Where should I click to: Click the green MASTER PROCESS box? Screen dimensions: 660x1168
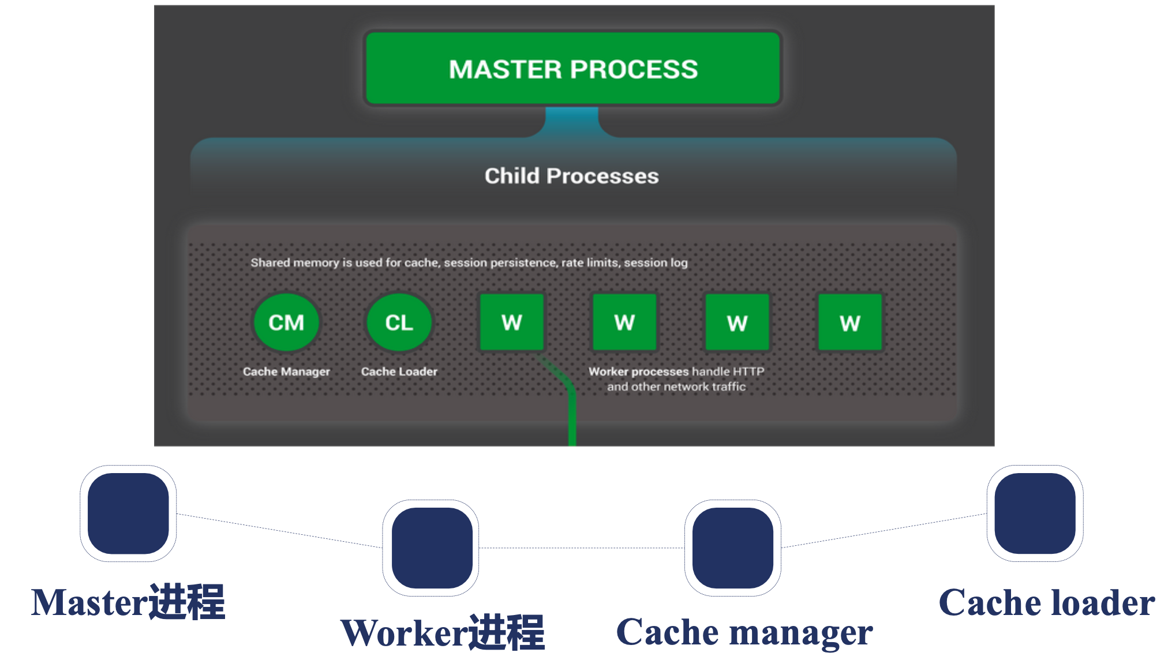(x=573, y=69)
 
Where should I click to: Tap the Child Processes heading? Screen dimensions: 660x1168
(x=571, y=176)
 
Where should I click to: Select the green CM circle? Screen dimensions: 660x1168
(x=286, y=322)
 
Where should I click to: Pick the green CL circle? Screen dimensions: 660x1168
(x=399, y=322)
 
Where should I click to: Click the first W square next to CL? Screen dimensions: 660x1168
(x=512, y=322)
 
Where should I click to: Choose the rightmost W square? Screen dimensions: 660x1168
(x=850, y=322)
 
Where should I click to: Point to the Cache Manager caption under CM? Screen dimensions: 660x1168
(x=286, y=372)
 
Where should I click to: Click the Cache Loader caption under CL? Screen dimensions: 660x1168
(x=399, y=372)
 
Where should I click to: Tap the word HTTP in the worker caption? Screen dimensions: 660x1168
(x=748, y=372)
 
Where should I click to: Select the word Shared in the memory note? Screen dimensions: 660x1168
(x=270, y=263)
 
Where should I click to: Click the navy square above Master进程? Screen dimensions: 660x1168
(x=128, y=513)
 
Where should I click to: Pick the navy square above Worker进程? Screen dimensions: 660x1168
(x=432, y=548)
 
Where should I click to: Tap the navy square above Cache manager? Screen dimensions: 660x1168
(x=733, y=548)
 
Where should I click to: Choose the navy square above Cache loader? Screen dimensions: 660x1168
(x=1035, y=513)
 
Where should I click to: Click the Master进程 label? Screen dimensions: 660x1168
(x=128, y=602)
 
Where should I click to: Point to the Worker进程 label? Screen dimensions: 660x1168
(x=443, y=632)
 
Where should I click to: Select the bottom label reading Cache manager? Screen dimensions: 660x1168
(x=744, y=632)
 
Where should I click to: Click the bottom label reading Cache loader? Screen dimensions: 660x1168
(x=1047, y=602)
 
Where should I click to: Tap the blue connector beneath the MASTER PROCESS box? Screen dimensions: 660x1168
(x=572, y=121)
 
